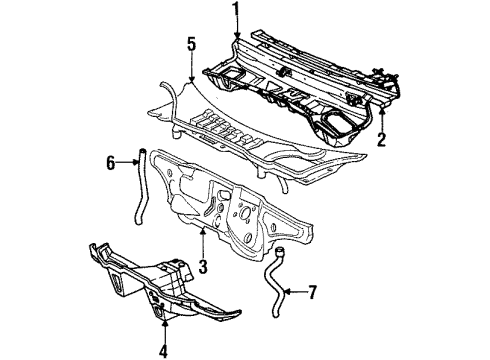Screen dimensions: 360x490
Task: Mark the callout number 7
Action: pos(313,292)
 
